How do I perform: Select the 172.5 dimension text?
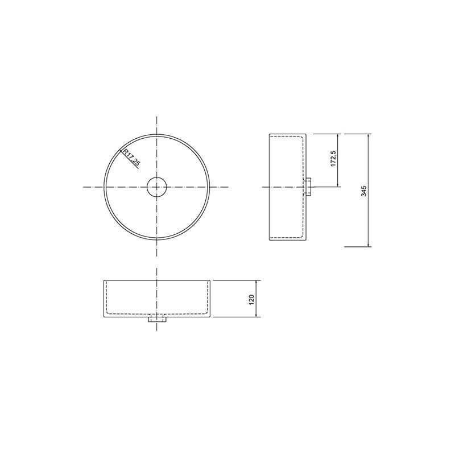pos(333,159)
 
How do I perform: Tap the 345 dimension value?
pos(364,191)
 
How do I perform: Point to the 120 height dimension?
pos(251,300)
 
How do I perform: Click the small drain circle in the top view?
pos(157,187)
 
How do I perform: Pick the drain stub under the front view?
pos(157,320)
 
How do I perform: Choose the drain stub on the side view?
pos(308,187)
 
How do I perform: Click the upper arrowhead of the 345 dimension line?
pos(369,136)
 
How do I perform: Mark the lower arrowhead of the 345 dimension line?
pos(369,245)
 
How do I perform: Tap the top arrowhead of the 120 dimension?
pos(256,283)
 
